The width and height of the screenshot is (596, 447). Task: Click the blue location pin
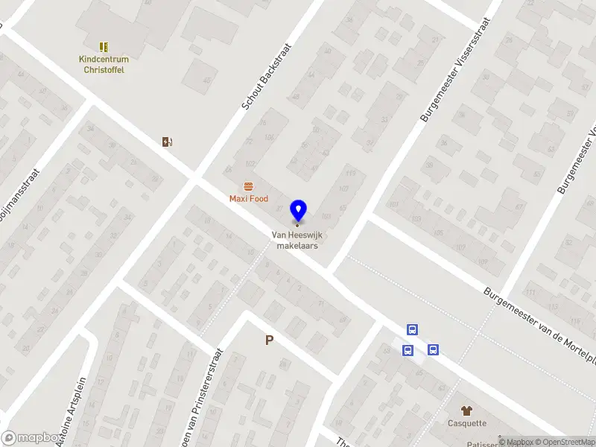pyautogui.click(x=298, y=211)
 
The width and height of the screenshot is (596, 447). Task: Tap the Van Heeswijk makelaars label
pyautogui.click(x=298, y=240)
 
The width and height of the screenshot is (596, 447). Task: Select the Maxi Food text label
pyautogui.click(x=248, y=199)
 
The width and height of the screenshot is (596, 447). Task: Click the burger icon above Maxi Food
pyautogui.click(x=248, y=186)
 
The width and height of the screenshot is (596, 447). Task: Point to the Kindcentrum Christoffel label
pyautogui.click(x=103, y=65)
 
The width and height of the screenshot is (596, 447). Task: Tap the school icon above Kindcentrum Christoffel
pyautogui.click(x=103, y=47)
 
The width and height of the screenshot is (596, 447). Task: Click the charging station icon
pyautogui.click(x=168, y=142)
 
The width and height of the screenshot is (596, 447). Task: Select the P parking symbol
pyautogui.click(x=270, y=340)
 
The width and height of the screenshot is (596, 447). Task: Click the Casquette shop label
pyautogui.click(x=467, y=423)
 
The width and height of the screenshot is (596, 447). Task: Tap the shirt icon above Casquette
pyautogui.click(x=467, y=410)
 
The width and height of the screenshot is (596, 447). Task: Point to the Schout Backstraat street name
pyautogui.click(x=266, y=77)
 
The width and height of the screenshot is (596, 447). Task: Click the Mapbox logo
pyautogui.click(x=31, y=438)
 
